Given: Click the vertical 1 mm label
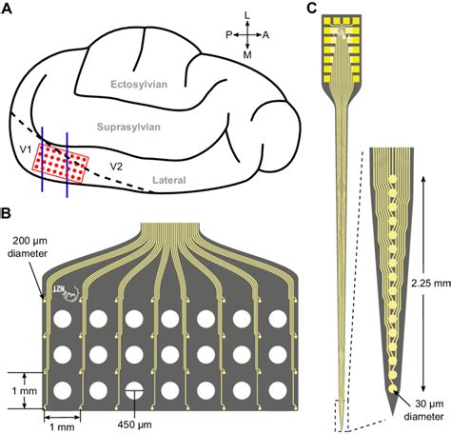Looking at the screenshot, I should pyautogui.click(x=17, y=390).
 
